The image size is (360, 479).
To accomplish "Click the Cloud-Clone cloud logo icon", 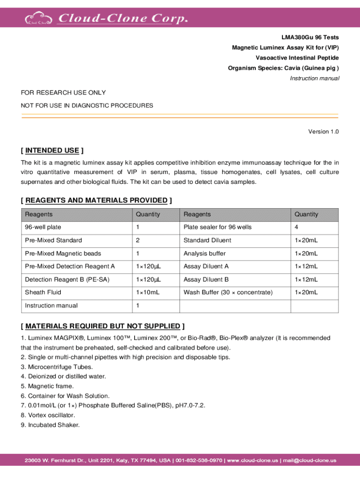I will point(39,18).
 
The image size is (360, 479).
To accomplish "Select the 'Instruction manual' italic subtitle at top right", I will point(314,78).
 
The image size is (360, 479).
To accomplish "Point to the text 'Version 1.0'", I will point(323,131).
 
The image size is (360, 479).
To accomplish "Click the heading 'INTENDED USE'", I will point(52,150).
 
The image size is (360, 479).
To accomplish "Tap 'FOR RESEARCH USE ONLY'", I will point(63,93).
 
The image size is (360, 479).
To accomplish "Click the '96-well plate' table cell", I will point(43,227).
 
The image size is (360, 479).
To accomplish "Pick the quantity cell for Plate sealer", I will point(296,227).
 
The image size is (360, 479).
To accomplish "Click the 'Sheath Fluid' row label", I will point(43,292).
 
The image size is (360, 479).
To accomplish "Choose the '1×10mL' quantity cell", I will point(148,292).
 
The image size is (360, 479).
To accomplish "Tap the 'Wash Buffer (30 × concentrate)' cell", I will point(228,292).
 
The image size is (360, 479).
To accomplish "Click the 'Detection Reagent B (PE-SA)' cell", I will point(63,279).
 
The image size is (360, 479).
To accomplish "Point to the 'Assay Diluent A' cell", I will point(206,266).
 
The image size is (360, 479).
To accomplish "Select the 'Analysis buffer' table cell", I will point(205,254).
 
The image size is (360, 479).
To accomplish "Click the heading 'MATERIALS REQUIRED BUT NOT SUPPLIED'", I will point(102,326).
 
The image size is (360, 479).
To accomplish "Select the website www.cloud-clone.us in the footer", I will point(252,460).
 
